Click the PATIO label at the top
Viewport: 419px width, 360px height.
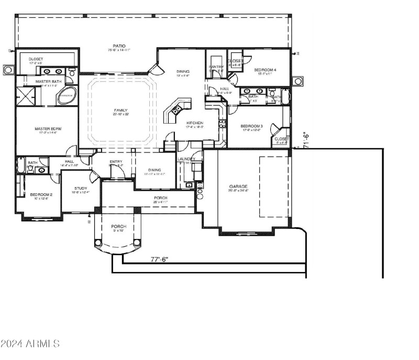click(119, 46)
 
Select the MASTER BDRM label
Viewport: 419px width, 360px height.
click(46, 128)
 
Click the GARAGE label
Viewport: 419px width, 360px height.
click(238, 187)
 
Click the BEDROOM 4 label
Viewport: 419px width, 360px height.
click(266, 70)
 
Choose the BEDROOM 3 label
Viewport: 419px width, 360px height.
click(251, 126)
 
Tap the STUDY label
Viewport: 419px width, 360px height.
click(80, 188)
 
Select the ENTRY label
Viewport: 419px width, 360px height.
click(116, 161)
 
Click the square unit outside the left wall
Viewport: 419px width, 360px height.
click(9, 70)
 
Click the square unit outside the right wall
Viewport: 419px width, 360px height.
click(297, 81)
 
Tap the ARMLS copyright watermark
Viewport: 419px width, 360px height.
click(30, 344)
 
